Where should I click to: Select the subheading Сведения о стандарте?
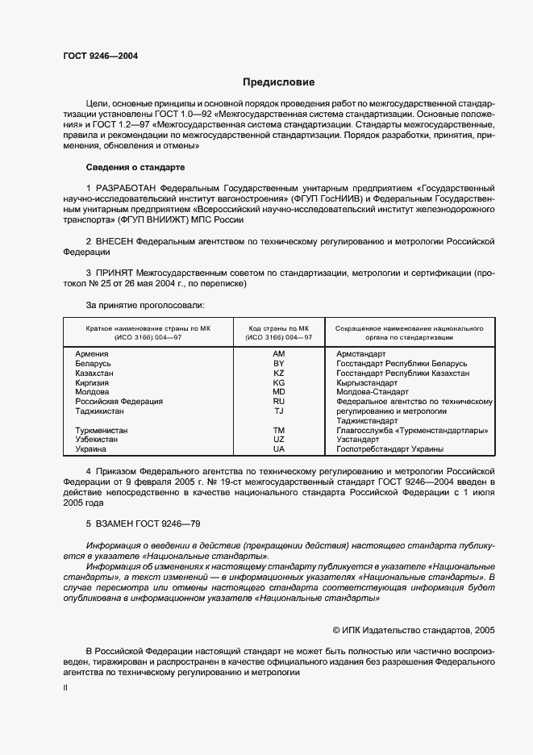135,167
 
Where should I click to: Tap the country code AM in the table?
279,354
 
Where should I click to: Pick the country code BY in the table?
279,364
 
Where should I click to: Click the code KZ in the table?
279,373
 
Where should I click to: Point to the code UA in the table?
279,448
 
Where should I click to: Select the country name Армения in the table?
92,354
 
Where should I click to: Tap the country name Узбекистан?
97,440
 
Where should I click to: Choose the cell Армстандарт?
360,354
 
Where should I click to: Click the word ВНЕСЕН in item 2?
115,241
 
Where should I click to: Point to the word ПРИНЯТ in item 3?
115,273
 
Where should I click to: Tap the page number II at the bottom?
65,687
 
